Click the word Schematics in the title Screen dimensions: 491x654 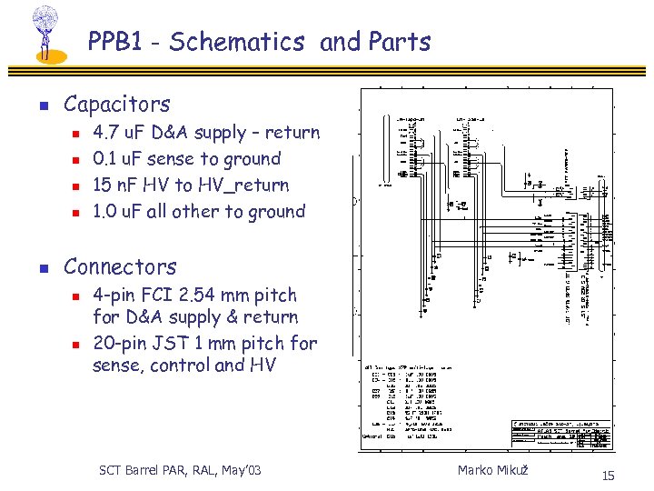(236, 42)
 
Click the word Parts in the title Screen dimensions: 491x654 (400, 42)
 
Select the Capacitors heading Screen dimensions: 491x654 (116, 105)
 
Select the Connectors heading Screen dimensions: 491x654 (120, 267)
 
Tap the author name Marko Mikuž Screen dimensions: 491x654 (492, 469)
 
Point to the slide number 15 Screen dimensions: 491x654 (608, 476)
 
